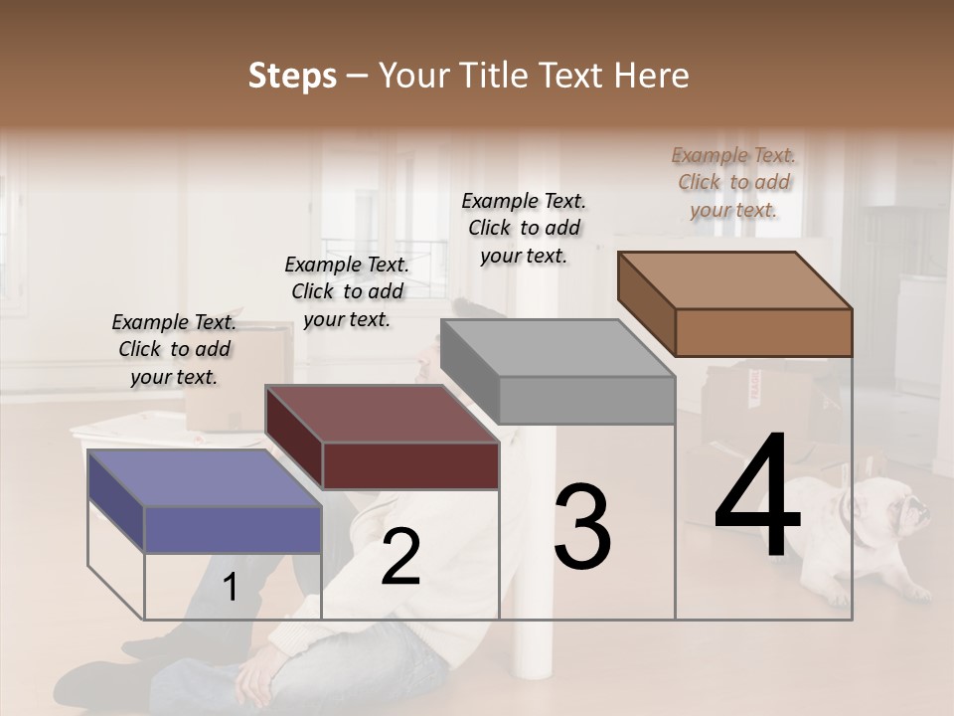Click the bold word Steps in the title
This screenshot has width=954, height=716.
(x=292, y=76)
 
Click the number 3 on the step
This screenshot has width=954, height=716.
(x=582, y=527)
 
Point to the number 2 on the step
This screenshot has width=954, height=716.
(x=400, y=559)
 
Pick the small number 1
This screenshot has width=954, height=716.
(x=230, y=588)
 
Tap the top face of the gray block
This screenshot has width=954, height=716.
(x=557, y=348)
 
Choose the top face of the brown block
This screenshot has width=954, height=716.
(x=734, y=280)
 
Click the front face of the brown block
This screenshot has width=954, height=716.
(x=763, y=332)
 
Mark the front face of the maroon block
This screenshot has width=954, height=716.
(x=410, y=465)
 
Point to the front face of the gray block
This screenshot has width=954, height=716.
(x=586, y=400)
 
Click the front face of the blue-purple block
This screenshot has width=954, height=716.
(x=234, y=529)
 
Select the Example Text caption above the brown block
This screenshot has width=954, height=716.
(x=733, y=182)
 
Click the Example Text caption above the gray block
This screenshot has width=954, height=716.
(x=524, y=228)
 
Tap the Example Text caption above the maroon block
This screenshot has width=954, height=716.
(x=347, y=291)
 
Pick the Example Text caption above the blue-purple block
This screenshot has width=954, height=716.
(x=174, y=349)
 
